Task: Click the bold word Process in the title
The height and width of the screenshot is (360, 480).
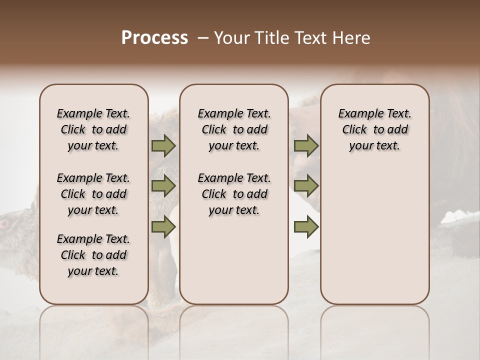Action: [x=154, y=38]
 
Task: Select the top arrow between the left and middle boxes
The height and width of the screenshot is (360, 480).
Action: [x=163, y=145]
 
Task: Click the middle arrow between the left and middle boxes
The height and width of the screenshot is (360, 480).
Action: [x=163, y=186]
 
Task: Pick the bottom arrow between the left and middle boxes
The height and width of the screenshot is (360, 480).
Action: [x=163, y=227]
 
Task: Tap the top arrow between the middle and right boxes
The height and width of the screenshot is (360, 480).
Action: [x=306, y=145]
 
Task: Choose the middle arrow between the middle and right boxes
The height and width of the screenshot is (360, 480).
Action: [x=306, y=186]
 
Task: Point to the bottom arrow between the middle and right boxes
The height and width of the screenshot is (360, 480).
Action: [x=306, y=227]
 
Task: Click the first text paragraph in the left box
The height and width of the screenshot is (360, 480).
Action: [x=93, y=129]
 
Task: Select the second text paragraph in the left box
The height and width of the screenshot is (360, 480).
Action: [x=93, y=194]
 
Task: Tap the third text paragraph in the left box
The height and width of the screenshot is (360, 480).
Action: [x=93, y=255]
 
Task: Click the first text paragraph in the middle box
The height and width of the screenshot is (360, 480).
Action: [x=234, y=129]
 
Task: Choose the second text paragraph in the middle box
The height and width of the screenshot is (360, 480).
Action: [x=234, y=194]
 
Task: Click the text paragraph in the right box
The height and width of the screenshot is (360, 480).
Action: [x=375, y=129]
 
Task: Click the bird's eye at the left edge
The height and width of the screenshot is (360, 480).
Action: [x=4, y=223]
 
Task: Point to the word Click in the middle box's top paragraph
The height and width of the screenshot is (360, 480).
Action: [x=214, y=130]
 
